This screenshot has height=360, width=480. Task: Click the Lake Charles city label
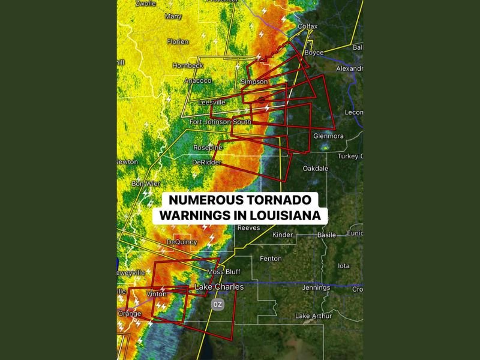(x=219, y=287)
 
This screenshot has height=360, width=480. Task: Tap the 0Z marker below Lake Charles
(x=218, y=304)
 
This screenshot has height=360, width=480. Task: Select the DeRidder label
(x=207, y=163)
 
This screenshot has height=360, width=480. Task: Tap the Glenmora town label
(x=328, y=136)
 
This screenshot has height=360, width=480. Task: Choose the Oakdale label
(x=316, y=169)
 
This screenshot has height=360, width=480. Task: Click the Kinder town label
(x=283, y=235)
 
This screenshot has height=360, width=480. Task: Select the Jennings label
(x=316, y=288)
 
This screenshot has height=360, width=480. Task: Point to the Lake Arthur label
(x=313, y=316)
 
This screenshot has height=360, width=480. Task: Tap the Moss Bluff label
(x=224, y=272)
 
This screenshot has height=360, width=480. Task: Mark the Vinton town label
(x=157, y=294)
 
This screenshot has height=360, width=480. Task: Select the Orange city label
(x=130, y=314)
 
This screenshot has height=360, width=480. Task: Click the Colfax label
(x=308, y=26)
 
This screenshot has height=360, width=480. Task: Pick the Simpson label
(x=254, y=82)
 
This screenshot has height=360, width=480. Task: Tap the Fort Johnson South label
(x=220, y=122)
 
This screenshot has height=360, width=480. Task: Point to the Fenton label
(x=271, y=259)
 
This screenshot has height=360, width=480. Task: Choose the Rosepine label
(x=208, y=148)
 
